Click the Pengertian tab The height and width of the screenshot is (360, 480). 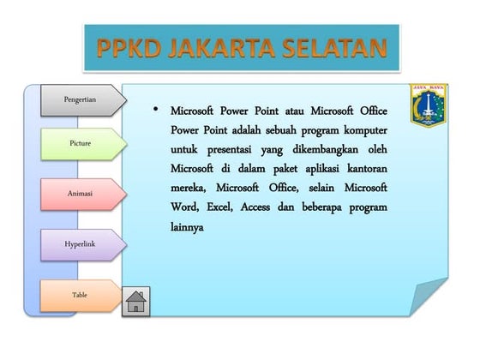[80, 99]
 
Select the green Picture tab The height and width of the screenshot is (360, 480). [80, 143]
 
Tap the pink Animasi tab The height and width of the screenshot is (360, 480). [80, 194]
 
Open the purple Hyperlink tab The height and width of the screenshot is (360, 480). [80, 244]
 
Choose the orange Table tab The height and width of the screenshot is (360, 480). [80, 295]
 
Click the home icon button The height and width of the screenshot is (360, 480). [136, 301]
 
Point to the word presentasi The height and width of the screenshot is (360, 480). [226, 149]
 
